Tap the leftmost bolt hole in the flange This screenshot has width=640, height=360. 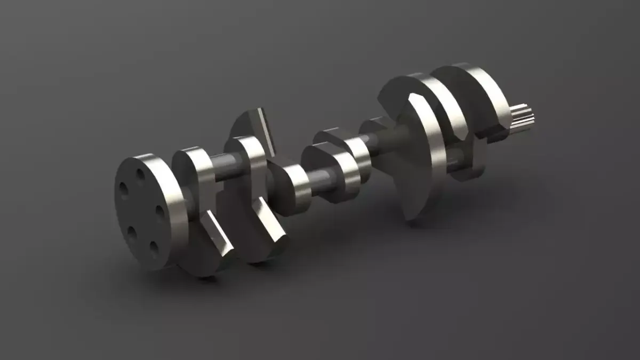click(123, 190)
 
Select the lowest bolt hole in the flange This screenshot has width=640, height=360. click(154, 249)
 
